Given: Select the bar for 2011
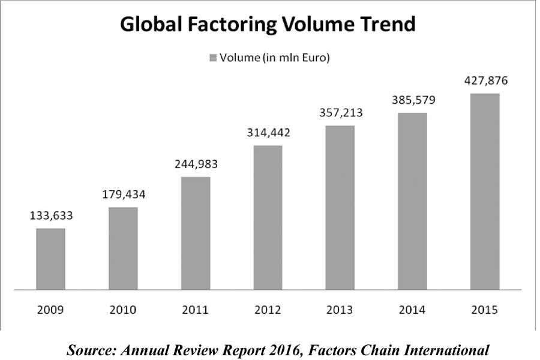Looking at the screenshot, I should [x=195, y=233].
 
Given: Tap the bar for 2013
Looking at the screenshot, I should [x=340, y=208].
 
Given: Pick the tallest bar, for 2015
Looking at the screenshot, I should [x=485, y=191].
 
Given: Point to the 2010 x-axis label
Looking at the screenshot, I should [x=123, y=310].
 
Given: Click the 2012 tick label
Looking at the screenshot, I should [x=268, y=310].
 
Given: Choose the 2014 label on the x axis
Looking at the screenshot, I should [x=412, y=310].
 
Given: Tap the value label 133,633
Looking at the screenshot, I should [x=50, y=216].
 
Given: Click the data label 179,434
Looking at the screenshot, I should [x=123, y=195].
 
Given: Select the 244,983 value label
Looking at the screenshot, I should [x=195, y=164].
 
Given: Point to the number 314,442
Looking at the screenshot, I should [x=268, y=133].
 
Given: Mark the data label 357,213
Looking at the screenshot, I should [x=340, y=112].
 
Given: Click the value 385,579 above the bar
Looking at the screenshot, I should [x=412, y=100].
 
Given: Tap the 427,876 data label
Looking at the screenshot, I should [x=485, y=80].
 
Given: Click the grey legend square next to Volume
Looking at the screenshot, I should [x=212, y=58].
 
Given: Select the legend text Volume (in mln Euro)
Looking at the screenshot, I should [x=275, y=58].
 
